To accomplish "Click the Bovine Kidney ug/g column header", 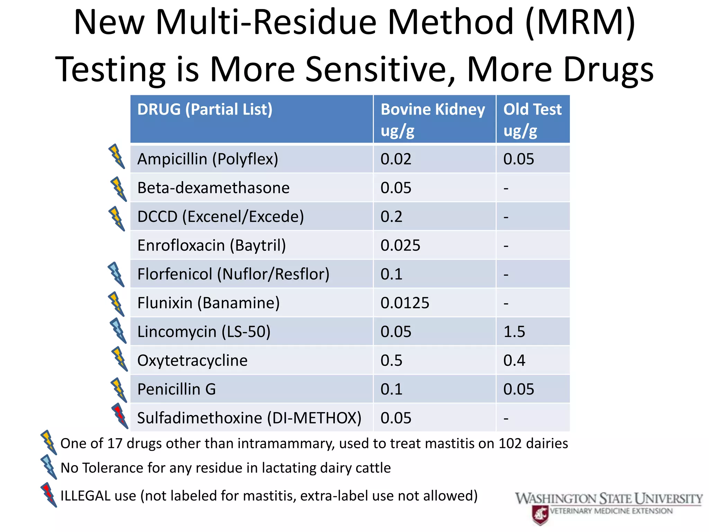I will (433, 119).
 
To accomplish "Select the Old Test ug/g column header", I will (532, 119).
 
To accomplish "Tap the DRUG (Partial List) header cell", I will (205, 109).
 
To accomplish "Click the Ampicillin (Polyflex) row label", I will (208, 159).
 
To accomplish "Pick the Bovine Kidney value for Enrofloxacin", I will (400, 245).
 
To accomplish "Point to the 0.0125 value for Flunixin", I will (405, 303).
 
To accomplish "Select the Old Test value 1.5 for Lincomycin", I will (514, 331).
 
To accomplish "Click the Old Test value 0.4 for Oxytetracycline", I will (514, 360).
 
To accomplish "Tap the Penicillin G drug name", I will (177, 389).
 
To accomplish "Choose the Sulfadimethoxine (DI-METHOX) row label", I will (249, 418).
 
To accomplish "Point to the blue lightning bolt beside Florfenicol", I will (116, 274).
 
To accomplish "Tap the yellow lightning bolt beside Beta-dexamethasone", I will (118, 189).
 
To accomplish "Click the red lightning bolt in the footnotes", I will (48, 495).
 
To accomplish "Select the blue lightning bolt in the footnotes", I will (48, 467).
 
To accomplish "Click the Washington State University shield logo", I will (540, 514).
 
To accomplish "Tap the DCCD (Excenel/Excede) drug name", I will (221, 216).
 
